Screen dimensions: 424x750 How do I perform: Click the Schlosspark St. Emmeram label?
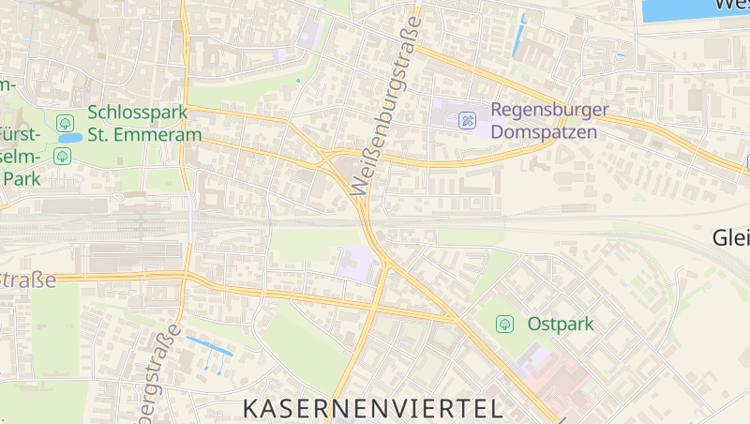tap(144, 123)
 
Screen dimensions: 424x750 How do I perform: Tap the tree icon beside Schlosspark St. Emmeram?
tap(65, 123)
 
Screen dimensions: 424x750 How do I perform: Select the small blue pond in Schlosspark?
tap(68, 138)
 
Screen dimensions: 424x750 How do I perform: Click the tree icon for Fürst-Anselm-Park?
tap(61, 156)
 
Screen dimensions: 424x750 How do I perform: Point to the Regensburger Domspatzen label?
tap(549, 121)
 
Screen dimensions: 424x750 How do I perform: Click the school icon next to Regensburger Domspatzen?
tap(467, 120)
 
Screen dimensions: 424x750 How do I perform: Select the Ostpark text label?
tap(561, 324)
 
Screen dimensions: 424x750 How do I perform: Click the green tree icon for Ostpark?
tap(504, 324)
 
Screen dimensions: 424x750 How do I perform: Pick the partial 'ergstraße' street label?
tap(158, 375)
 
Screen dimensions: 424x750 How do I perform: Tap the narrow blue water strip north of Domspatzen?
tap(522, 18)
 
